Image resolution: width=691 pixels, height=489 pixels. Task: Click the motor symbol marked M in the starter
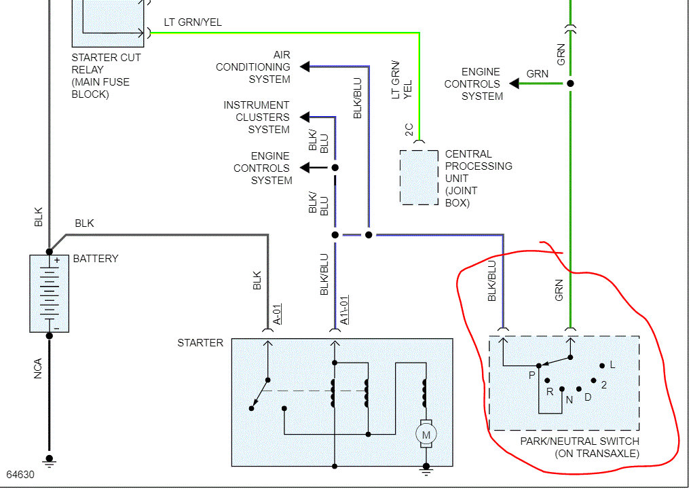click(426, 435)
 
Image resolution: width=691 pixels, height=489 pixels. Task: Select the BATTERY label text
click(96, 259)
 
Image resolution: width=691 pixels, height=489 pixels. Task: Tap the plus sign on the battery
click(57, 260)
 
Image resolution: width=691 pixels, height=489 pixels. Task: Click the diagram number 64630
click(20, 474)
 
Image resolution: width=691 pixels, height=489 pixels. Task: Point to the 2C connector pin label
click(409, 130)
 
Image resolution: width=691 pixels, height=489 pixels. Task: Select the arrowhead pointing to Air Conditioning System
click(305, 67)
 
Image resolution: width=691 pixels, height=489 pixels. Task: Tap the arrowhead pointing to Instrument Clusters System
click(304, 117)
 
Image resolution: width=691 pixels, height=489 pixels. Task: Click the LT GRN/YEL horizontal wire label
click(193, 22)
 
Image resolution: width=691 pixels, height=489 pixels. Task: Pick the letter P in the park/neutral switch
click(532, 374)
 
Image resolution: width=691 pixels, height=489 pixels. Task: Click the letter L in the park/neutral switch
click(612, 365)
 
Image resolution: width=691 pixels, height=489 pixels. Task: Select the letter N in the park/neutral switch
click(569, 399)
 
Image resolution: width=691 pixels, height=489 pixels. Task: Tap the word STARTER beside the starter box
click(200, 343)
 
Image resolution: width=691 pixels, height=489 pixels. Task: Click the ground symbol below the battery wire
click(49, 461)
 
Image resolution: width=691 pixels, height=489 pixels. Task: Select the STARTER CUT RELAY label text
click(106, 75)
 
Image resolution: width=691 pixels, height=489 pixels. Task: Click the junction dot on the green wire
click(571, 83)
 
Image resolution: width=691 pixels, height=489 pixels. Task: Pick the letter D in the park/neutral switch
click(588, 397)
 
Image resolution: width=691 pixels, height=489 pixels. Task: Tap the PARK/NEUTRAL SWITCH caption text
click(579, 441)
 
